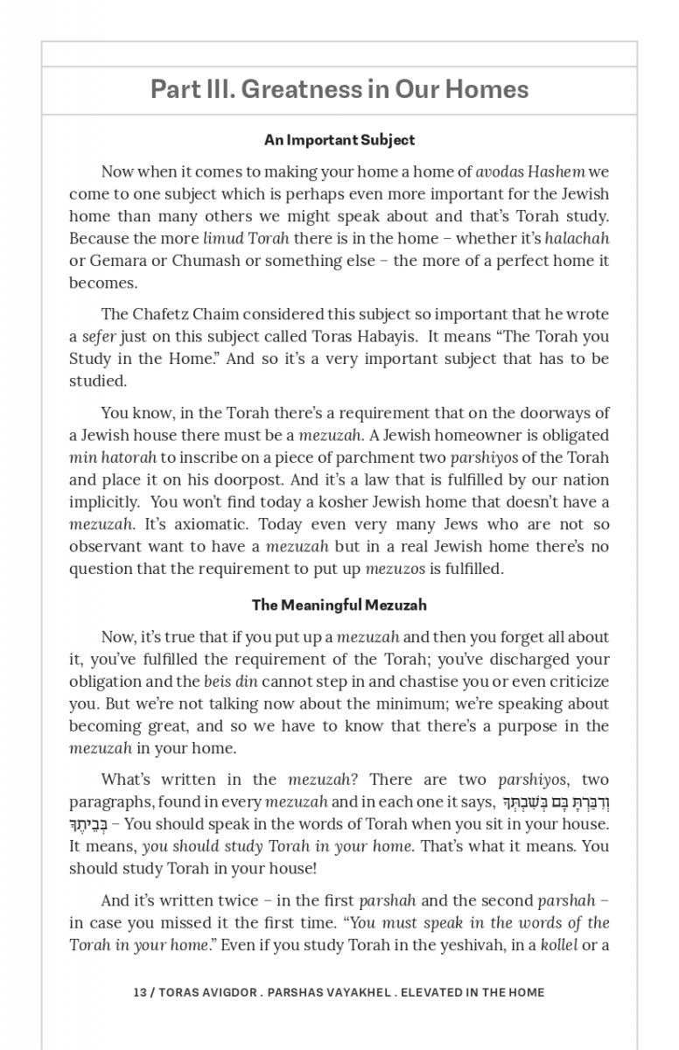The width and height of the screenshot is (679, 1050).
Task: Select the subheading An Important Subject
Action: click(x=339, y=140)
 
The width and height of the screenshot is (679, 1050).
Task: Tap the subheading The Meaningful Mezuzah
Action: click(x=339, y=605)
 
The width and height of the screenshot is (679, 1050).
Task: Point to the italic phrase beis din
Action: click(x=230, y=682)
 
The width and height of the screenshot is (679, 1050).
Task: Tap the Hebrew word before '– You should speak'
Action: click(x=88, y=824)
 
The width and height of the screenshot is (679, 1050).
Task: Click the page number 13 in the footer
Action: click(x=140, y=992)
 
